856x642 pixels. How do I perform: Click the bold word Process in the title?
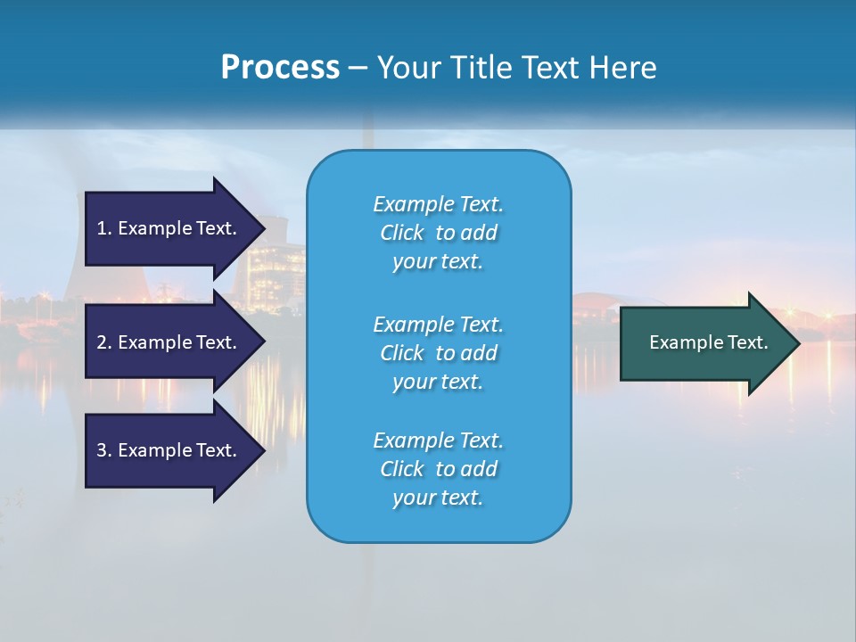tap(280, 68)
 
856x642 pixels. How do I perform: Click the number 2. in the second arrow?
tap(103, 342)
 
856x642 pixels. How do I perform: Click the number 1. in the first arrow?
tap(103, 228)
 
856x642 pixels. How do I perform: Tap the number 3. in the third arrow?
tap(103, 450)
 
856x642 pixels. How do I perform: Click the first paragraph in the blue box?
tap(438, 233)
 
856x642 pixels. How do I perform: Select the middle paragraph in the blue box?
tap(438, 353)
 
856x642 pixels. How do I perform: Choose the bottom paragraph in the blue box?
tap(438, 469)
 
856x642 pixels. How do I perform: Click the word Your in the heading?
tap(407, 68)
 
